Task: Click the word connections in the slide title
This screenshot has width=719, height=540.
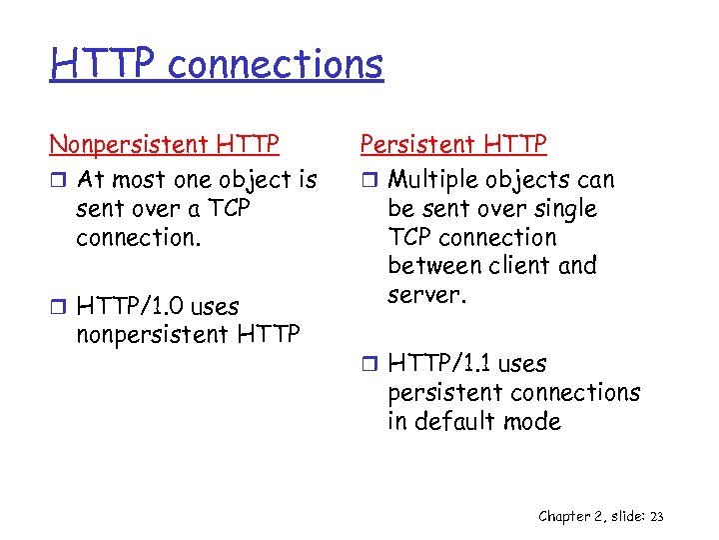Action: [276, 64]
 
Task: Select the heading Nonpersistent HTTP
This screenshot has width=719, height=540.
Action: [164, 145]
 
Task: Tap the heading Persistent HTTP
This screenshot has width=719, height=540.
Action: [453, 145]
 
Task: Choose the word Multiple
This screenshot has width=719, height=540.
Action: [431, 180]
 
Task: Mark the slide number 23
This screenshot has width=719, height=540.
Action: [656, 516]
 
